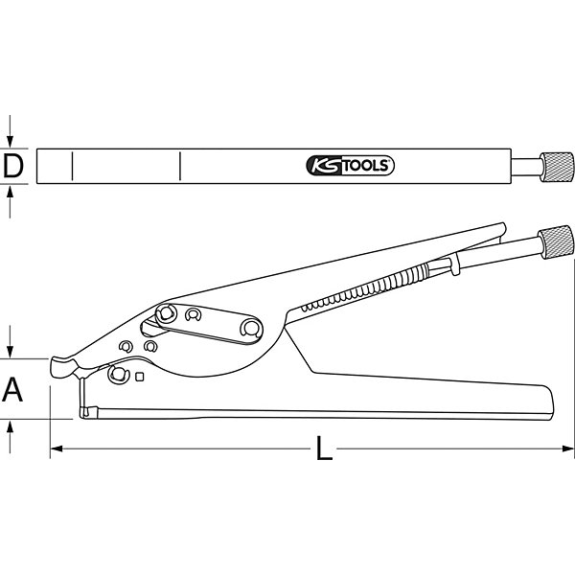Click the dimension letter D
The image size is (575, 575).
(12, 166)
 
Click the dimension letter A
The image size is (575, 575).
(12, 389)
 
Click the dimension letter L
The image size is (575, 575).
(324, 448)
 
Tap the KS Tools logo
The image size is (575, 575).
(350, 166)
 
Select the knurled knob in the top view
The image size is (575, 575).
(556, 167)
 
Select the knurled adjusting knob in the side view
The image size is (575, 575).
(555, 242)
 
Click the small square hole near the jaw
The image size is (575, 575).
(139, 377)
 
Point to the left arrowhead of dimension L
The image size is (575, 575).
(57, 448)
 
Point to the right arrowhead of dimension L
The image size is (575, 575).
(567, 448)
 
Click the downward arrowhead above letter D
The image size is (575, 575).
(10, 142)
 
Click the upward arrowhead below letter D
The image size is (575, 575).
(10, 191)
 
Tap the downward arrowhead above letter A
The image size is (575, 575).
(10, 352)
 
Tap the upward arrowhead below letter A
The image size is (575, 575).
(10, 426)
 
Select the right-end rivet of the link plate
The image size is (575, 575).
(251, 328)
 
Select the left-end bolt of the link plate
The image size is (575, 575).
(166, 313)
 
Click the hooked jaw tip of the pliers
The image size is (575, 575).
(62, 367)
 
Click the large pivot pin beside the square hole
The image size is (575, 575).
(118, 375)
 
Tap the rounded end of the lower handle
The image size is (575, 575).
(547, 402)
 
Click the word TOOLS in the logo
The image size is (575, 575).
(366, 166)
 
